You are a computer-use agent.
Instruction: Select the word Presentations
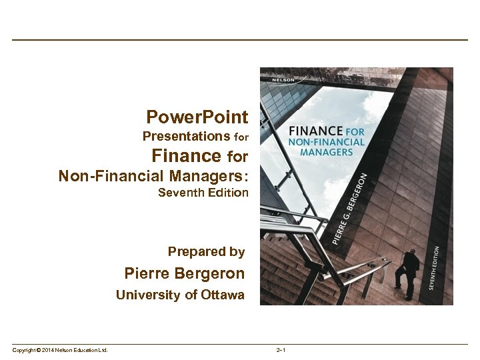[187, 137]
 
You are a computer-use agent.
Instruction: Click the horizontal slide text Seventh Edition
[203, 193]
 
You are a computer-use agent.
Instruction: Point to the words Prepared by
[206, 251]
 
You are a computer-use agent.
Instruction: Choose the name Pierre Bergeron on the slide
[185, 273]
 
